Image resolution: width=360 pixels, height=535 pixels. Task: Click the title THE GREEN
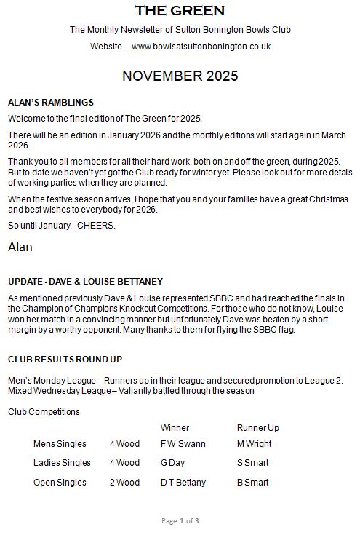point(180,11)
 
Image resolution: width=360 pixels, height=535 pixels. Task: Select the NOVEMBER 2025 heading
point(180,76)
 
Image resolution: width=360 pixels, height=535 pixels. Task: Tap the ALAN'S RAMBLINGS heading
point(50,102)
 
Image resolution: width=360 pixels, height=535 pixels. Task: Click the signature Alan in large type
point(20,247)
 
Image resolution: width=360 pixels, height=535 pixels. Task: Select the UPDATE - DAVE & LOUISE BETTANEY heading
point(85,281)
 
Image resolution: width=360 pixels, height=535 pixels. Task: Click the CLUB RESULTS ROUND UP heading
point(65,359)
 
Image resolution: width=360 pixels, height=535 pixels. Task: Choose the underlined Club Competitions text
point(44,412)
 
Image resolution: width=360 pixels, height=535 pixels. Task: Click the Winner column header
point(175,428)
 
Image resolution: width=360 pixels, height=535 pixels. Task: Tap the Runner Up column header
point(257,428)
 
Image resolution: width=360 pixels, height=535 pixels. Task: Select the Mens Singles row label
point(60,444)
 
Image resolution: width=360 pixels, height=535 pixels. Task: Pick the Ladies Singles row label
point(62,463)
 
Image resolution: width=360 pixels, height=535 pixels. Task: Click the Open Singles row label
point(60,482)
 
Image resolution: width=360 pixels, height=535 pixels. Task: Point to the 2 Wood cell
point(124,482)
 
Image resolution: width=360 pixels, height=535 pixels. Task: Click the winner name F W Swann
point(183,444)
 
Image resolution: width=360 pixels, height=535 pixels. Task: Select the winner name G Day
point(173,463)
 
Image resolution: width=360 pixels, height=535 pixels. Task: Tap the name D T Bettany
point(183,482)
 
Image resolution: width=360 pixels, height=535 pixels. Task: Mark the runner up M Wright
point(254,444)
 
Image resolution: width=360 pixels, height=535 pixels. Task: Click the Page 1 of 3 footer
point(180,520)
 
